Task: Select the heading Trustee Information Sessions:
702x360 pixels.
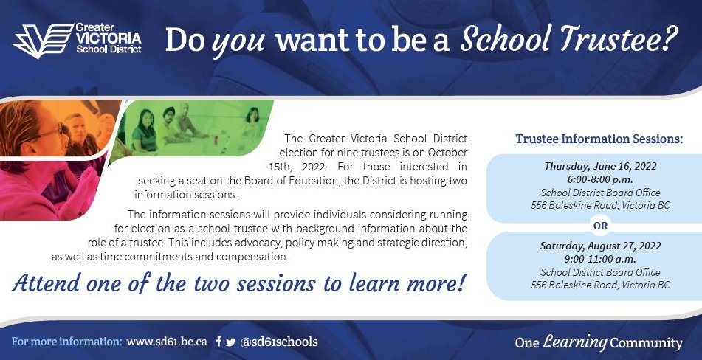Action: tap(599, 139)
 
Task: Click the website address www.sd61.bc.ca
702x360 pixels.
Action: tap(167, 342)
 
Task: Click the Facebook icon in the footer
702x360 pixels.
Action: tap(219, 342)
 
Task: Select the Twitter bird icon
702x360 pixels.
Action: tap(231, 342)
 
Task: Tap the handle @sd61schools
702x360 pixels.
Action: tap(280, 342)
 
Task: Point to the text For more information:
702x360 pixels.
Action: tap(66, 342)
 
